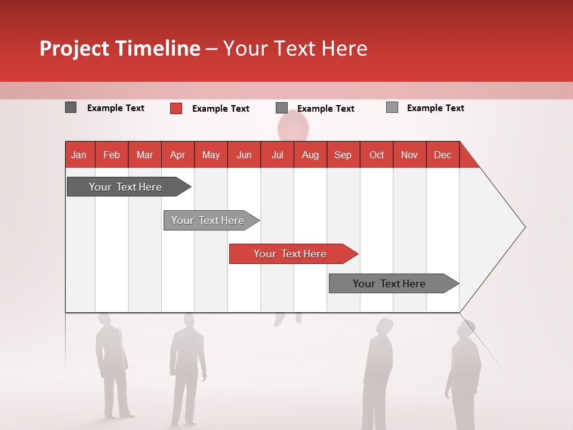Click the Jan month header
click(79, 155)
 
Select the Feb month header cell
click(112, 155)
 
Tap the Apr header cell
click(178, 155)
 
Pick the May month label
click(211, 155)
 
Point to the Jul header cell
click(277, 155)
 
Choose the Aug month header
click(310, 155)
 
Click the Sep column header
click(343, 155)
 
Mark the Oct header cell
click(377, 155)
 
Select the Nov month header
click(409, 155)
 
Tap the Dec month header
click(443, 155)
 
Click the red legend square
click(175, 108)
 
